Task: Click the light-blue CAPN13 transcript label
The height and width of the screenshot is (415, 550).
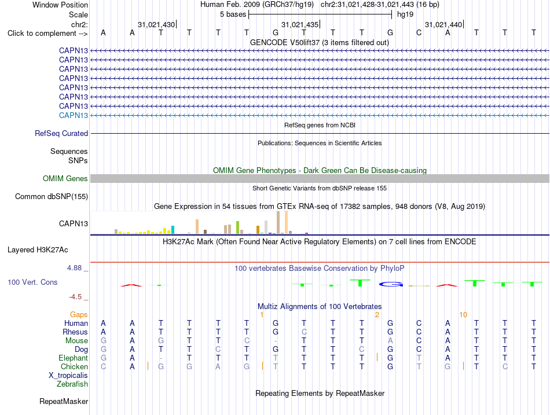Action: click(x=74, y=115)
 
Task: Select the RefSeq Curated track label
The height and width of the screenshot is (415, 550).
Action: click(x=61, y=133)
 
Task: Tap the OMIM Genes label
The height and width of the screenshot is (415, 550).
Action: click(x=65, y=178)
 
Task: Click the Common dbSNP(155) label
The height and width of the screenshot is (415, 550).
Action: click(x=52, y=196)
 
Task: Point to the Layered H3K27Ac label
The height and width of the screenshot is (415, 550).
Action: click(x=38, y=250)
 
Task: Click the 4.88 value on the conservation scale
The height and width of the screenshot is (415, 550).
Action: click(x=74, y=268)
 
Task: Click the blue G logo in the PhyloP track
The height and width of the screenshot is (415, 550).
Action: click(x=391, y=284)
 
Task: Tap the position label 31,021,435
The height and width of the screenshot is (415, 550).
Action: click(x=300, y=24)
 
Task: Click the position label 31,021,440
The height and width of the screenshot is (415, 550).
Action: click(x=443, y=24)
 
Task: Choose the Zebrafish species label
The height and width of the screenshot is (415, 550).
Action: click(x=72, y=384)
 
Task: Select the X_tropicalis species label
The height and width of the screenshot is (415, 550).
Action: click(x=68, y=376)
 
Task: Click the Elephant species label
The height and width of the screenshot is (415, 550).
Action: click(x=74, y=358)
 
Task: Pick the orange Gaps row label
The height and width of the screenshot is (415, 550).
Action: click(x=79, y=315)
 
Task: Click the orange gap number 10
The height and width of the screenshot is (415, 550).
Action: click(x=463, y=315)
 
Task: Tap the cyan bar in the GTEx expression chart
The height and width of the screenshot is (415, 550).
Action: click(x=173, y=230)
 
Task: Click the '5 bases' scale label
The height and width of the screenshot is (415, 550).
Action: click(x=233, y=14)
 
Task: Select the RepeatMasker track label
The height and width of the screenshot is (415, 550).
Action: click(x=64, y=401)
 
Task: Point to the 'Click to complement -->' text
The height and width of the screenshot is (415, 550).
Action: click(x=47, y=34)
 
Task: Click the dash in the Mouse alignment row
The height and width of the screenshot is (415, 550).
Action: click(x=276, y=341)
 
